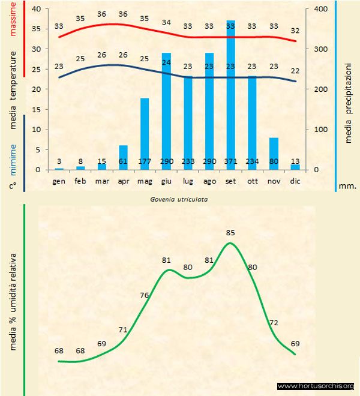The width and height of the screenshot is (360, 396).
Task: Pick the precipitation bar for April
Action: [123, 157]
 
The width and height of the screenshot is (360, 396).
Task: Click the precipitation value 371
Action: [231, 162]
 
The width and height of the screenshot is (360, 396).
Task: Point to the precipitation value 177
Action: [145, 162]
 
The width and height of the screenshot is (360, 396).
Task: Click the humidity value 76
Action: [144, 295]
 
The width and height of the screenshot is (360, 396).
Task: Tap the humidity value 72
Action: [273, 323]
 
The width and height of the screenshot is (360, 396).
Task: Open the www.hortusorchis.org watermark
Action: [316, 386]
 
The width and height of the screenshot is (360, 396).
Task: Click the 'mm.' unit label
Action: [347, 186]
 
